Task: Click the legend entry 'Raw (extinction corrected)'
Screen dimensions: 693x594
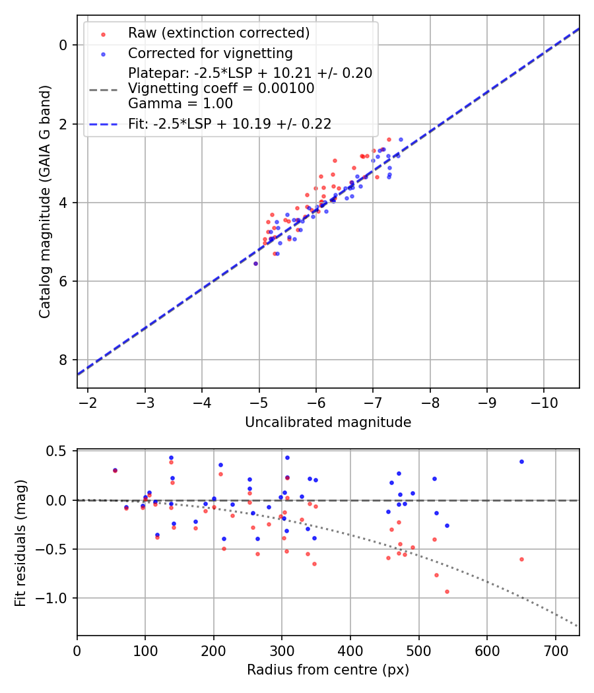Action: [218, 33]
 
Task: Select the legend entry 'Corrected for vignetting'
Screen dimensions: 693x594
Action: [211, 53]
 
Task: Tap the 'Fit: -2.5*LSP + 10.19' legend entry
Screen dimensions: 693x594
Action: [230, 123]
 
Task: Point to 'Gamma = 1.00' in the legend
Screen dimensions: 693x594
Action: [180, 103]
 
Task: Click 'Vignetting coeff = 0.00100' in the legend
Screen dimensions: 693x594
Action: [221, 88]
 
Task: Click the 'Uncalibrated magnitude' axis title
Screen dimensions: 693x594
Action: [328, 422]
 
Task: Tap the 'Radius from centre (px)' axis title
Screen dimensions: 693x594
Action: [328, 670]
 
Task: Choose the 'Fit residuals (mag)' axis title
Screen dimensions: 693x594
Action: [21, 543]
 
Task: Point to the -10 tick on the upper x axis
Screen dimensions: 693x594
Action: [544, 402]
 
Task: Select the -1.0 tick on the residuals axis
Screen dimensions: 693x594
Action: [55, 598]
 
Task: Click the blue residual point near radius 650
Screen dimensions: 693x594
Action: [521, 461]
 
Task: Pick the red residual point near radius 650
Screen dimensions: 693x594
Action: [521, 559]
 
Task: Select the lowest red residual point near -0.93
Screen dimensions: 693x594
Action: [447, 591]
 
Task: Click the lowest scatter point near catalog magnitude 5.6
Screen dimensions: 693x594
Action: [255, 263]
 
